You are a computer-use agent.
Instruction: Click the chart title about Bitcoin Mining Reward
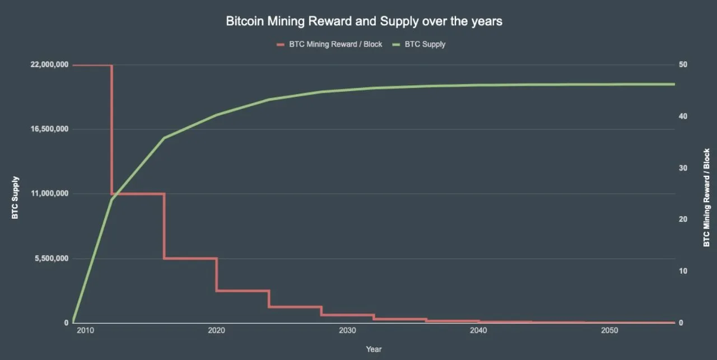coord(364,22)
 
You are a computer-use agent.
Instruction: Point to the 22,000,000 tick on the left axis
coord(49,65)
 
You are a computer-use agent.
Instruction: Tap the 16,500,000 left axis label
coord(49,129)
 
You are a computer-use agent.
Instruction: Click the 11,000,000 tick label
coord(49,194)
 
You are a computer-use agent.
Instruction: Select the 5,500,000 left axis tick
coord(52,259)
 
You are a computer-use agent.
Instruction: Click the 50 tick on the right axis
coord(683,65)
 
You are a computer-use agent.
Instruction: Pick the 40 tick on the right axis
coord(683,116)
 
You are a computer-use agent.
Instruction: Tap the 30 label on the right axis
coord(683,168)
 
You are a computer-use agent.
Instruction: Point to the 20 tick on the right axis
coord(683,219)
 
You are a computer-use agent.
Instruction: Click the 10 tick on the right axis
coord(683,271)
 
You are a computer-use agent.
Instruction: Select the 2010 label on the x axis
coord(85,331)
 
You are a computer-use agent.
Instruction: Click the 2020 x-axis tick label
coord(216,331)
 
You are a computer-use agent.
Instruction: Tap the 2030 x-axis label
coord(347,331)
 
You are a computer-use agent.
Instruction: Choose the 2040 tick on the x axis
coord(478,331)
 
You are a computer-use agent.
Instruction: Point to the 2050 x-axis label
coord(609,331)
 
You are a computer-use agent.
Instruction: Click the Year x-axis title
coord(374,349)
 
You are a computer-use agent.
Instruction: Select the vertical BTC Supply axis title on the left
coord(16,197)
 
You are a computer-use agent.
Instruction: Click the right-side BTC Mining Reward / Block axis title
coord(706,197)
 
